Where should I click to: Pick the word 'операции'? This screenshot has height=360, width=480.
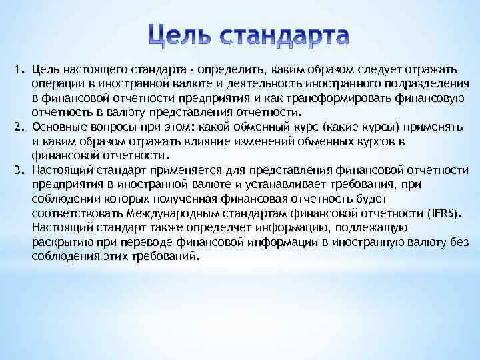(53, 84)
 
